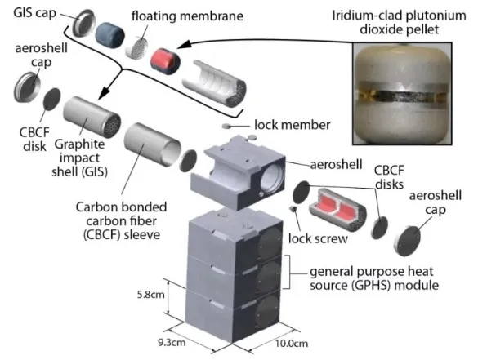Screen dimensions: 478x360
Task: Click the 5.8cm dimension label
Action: (x=150, y=295)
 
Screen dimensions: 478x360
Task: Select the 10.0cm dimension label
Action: (x=292, y=344)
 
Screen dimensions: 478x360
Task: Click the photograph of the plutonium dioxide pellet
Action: (x=402, y=94)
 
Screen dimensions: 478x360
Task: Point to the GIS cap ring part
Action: (x=83, y=23)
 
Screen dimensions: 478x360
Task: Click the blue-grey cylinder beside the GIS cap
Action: (x=109, y=33)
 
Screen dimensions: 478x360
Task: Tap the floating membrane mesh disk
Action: (x=136, y=48)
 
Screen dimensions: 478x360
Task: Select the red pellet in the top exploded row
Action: (x=165, y=61)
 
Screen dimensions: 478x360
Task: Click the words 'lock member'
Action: (x=292, y=125)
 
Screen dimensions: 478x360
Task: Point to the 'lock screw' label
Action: (x=318, y=239)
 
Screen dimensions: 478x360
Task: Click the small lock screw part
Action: (x=293, y=208)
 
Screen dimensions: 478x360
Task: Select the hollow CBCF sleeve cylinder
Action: (x=153, y=144)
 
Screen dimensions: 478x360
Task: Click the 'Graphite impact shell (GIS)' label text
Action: (x=79, y=158)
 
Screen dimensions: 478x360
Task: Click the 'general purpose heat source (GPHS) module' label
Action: (x=374, y=278)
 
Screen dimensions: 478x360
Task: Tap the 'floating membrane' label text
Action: (x=187, y=16)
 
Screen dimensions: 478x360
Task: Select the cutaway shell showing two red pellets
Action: (x=337, y=210)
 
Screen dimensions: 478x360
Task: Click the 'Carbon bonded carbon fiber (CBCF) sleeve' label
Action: (x=121, y=221)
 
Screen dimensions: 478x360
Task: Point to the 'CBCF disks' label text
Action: (x=389, y=178)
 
